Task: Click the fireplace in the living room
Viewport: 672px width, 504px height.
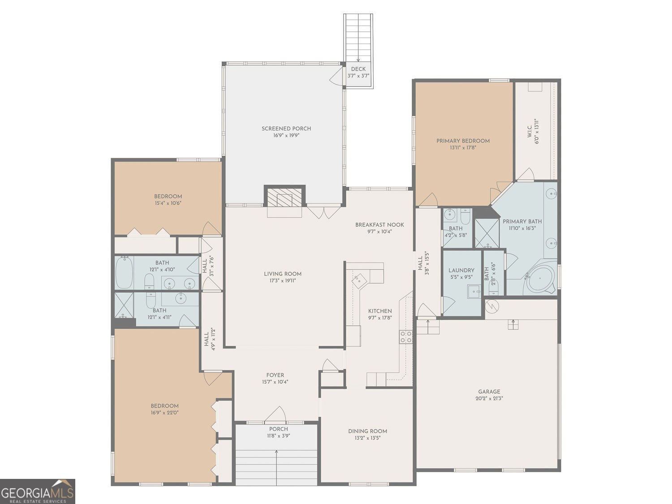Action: click(x=284, y=198)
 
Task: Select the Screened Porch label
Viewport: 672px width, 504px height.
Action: click(x=286, y=129)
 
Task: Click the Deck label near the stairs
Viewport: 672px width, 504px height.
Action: click(x=358, y=69)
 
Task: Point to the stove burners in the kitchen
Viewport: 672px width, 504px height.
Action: click(x=406, y=336)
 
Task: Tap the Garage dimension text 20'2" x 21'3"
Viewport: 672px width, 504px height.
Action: click(x=489, y=398)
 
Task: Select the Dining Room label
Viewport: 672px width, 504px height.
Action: click(x=367, y=431)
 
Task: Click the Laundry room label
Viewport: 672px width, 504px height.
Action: click(x=461, y=270)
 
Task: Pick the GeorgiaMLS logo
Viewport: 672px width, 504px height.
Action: click(x=38, y=491)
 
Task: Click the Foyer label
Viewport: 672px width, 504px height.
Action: click(x=275, y=375)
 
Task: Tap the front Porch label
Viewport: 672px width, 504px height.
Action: click(x=278, y=429)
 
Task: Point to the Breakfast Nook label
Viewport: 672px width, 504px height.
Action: click(x=379, y=225)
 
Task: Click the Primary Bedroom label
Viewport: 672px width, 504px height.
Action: click(x=463, y=141)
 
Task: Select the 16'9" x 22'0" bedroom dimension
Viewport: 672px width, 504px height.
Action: click(x=164, y=413)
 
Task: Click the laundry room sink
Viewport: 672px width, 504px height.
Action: click(x=474, y=291)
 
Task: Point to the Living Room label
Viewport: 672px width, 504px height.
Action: click(x=282, y=274)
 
